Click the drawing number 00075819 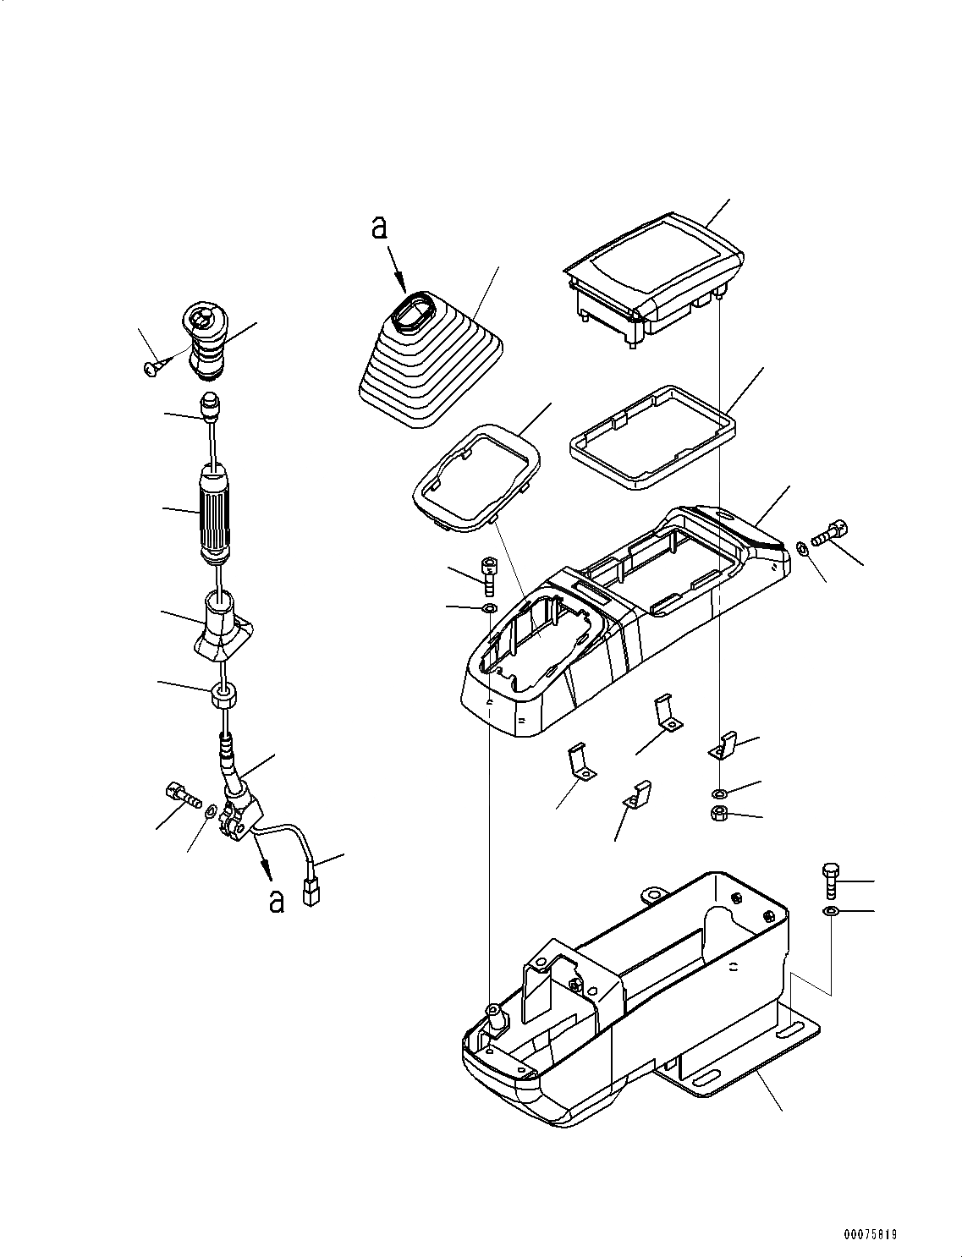[870, 1234]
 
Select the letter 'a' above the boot [380, 227]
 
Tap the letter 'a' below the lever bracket [276, 901]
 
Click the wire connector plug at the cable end [311, 892]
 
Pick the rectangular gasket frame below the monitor [651, 436]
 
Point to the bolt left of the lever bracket [178, 794]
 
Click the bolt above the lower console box [831, 880]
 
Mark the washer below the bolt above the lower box [831, 911]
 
